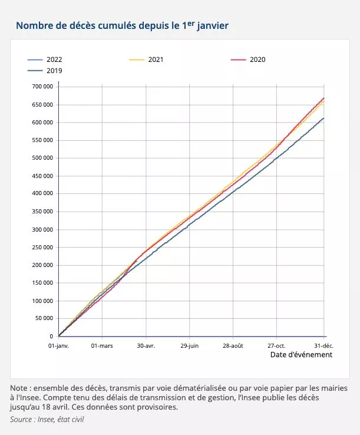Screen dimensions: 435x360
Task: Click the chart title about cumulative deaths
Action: click(122, 26)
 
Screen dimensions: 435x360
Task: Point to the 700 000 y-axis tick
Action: click(41, 87)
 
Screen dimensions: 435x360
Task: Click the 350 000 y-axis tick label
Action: click(41, 212)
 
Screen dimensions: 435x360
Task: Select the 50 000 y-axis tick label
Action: click(43, 319)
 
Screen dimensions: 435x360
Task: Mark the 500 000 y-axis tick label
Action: click(41, 158)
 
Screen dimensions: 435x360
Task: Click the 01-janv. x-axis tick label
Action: click(58, 345)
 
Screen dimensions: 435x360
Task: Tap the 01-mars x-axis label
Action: click(102, 345)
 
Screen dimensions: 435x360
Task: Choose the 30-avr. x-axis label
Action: click(146, 345)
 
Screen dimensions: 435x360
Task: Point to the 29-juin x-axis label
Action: click(190, 345)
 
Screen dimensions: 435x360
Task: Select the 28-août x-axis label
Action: click(233, 345)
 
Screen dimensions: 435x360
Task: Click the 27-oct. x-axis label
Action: click(277, 345)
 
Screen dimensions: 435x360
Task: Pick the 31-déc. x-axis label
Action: click(323, 345)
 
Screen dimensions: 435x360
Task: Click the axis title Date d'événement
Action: click(301, 355)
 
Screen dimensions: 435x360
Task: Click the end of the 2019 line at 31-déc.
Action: click(323, 118)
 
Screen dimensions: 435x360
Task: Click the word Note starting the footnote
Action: click(19, 388)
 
